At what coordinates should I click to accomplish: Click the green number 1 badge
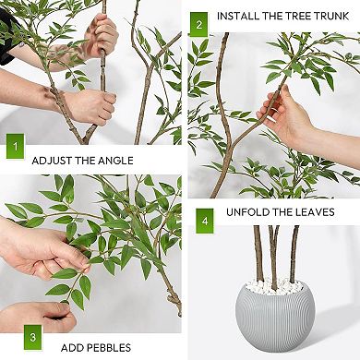click(15, 147)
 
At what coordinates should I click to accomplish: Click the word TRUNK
click(329, 16)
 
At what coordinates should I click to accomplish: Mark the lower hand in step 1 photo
click(88, 106)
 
